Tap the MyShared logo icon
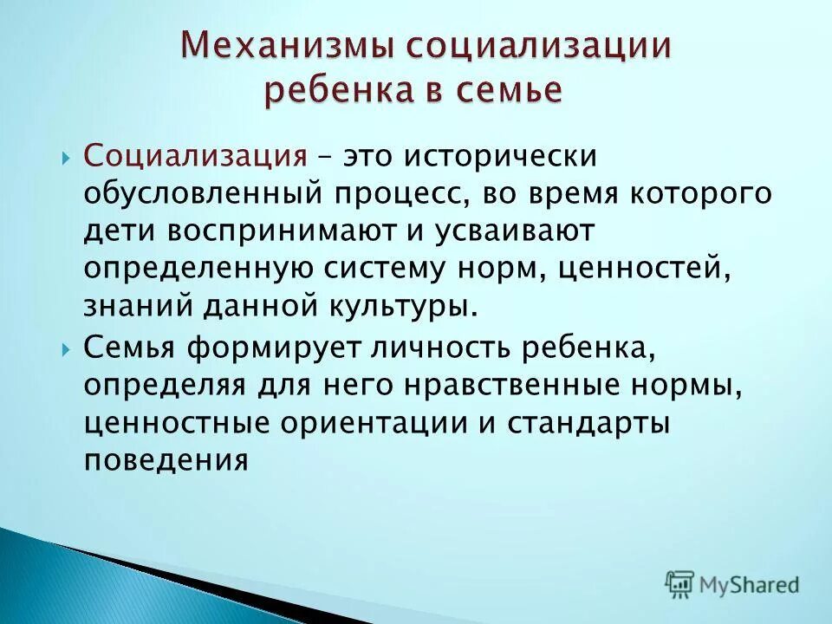pos(679,584)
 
